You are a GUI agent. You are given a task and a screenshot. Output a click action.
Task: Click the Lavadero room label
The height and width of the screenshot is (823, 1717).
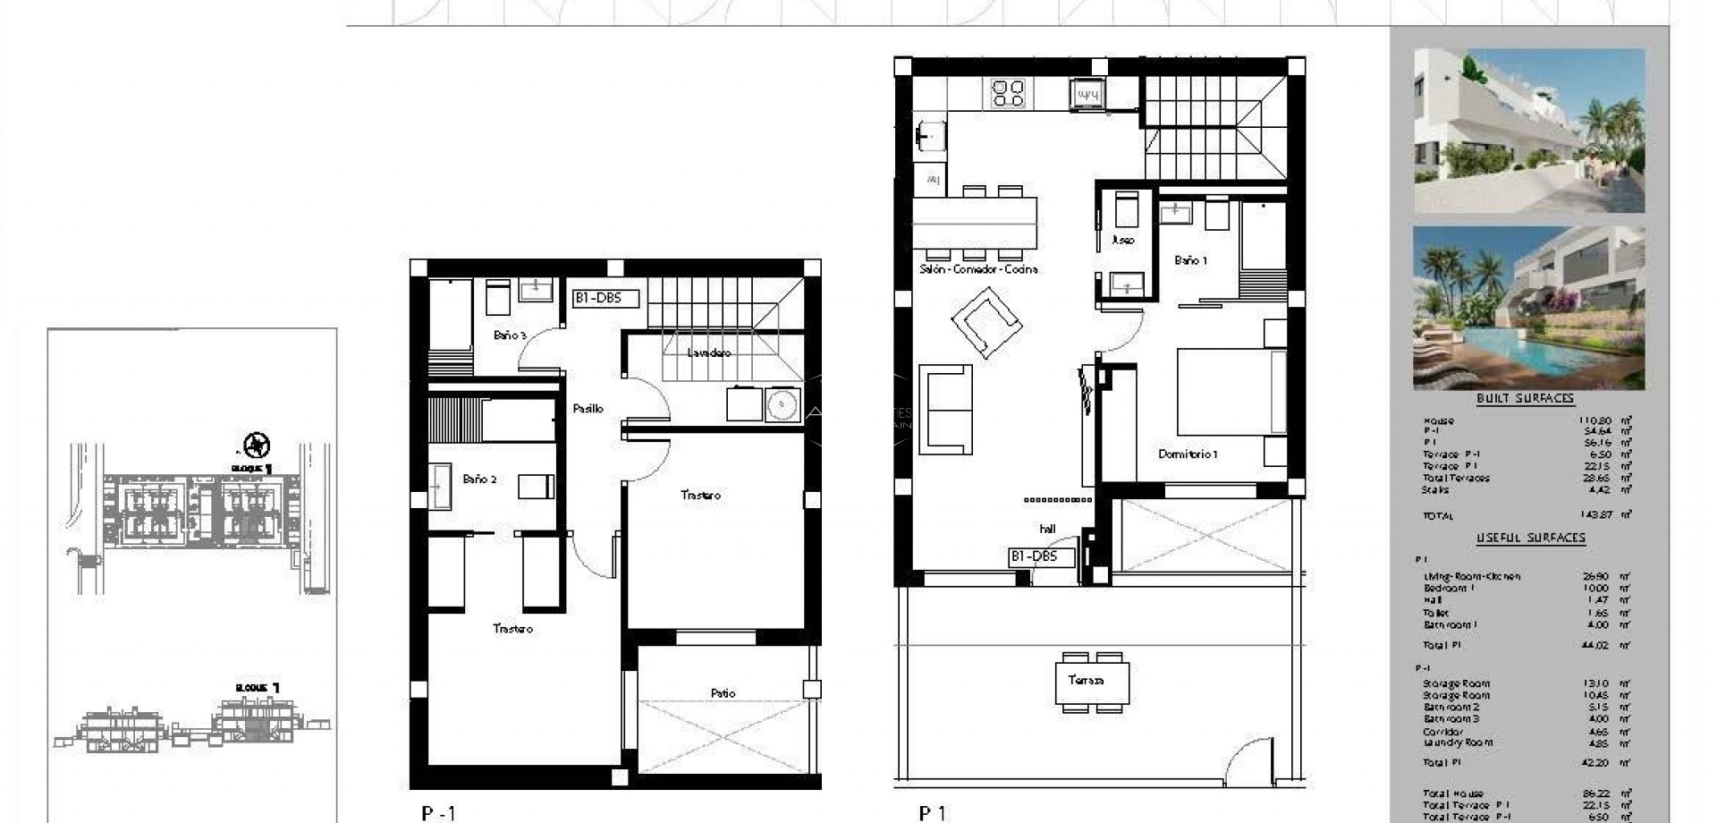click(x=708, y=353)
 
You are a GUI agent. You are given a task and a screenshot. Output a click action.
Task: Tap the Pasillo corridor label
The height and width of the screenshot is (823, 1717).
click(x=588, y=409)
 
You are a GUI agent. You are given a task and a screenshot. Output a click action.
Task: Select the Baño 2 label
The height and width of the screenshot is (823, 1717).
click(x=479, y=479)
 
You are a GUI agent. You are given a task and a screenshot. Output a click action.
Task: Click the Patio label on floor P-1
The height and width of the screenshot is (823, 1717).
click(x=723, y=693)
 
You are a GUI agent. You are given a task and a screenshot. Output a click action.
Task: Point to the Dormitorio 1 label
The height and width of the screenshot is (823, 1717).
click(x=1188, y=454)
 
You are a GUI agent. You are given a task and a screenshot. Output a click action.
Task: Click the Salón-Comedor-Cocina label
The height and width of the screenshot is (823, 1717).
click(x=977, y=269)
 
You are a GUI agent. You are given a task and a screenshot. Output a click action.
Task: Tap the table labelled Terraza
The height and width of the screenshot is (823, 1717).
click(x=1086, y=681)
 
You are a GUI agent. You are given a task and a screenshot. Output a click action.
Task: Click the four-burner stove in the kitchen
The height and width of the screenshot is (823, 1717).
click(x=1008, y=93)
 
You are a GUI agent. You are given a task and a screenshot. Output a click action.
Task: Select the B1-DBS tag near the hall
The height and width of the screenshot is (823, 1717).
click(x=1033, y=557)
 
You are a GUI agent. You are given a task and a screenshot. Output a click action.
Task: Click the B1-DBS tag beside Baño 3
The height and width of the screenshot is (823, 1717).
click(x=605, y=299)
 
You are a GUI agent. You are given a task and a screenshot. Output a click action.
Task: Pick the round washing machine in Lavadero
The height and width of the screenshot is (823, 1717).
click(x=782, y=404)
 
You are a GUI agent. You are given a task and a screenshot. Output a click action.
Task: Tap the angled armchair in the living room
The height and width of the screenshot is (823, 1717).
click(x=985, y=321)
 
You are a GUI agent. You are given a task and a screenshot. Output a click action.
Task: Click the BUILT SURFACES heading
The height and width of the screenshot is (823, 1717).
click(x=1524, y=399)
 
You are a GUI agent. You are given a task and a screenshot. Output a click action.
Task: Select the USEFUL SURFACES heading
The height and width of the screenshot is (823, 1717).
click(x=1530, y=539)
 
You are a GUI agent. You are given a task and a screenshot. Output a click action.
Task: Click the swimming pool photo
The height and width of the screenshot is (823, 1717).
click(x=1527, y=309)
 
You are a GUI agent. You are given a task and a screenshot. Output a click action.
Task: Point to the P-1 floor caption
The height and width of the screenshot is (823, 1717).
click(x=438, y=813)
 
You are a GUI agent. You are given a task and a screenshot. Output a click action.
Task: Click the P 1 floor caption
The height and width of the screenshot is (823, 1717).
click(x=932, y=813)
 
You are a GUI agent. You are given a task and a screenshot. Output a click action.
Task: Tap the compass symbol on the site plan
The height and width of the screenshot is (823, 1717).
click(x=258, y=445)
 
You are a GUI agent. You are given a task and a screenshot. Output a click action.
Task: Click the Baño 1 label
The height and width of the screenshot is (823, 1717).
click(x=1190, y=260)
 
